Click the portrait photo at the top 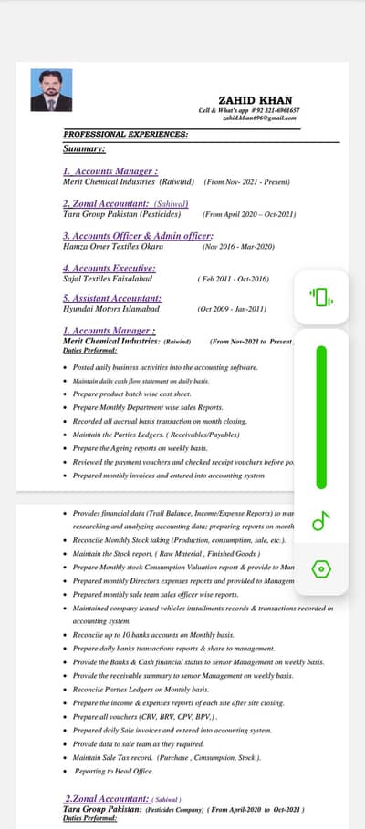(51, 90)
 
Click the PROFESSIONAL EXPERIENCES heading (126, 134)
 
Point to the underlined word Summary (84, 148)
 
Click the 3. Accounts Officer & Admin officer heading (137, 236)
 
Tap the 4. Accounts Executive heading (109, 269)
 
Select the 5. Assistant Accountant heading (112, 298)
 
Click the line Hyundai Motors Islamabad (110, 308)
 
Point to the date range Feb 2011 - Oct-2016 (233, 279)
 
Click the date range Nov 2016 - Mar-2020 (238, 246)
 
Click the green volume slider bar (321, 416)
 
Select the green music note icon (321, 520)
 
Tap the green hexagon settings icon (321, 569)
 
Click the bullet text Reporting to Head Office (114, 771)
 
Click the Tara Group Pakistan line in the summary (121, 214)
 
